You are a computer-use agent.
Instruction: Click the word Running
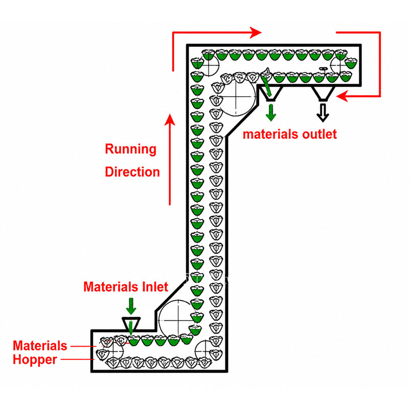(x=131, y=150)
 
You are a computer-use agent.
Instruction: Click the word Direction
(x=132, y=172)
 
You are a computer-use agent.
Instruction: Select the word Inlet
(x=155, y=287)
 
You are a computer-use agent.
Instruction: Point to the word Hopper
(x=35, y=360)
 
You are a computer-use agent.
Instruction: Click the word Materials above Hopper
(x=40, y=346)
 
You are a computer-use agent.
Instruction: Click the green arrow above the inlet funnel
(x=131, y=306)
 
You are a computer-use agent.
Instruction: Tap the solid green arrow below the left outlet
(x=271, y=112)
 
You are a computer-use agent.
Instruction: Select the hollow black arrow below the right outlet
(x=323, y=112)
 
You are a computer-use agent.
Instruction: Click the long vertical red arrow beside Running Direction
(x=170, y=160)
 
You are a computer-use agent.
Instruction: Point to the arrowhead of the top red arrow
(x=256, y=33)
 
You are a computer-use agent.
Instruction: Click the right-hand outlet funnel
(x=323, y=94)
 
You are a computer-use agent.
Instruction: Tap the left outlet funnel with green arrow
(x=270, y=94)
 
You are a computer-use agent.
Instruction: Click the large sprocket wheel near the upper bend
(x=236, y=97)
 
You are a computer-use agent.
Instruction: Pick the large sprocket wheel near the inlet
(x=178, y=320)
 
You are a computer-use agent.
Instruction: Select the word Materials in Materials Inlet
(x=111, y=287)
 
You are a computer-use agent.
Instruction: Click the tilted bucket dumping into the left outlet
(x=266, y=75)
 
